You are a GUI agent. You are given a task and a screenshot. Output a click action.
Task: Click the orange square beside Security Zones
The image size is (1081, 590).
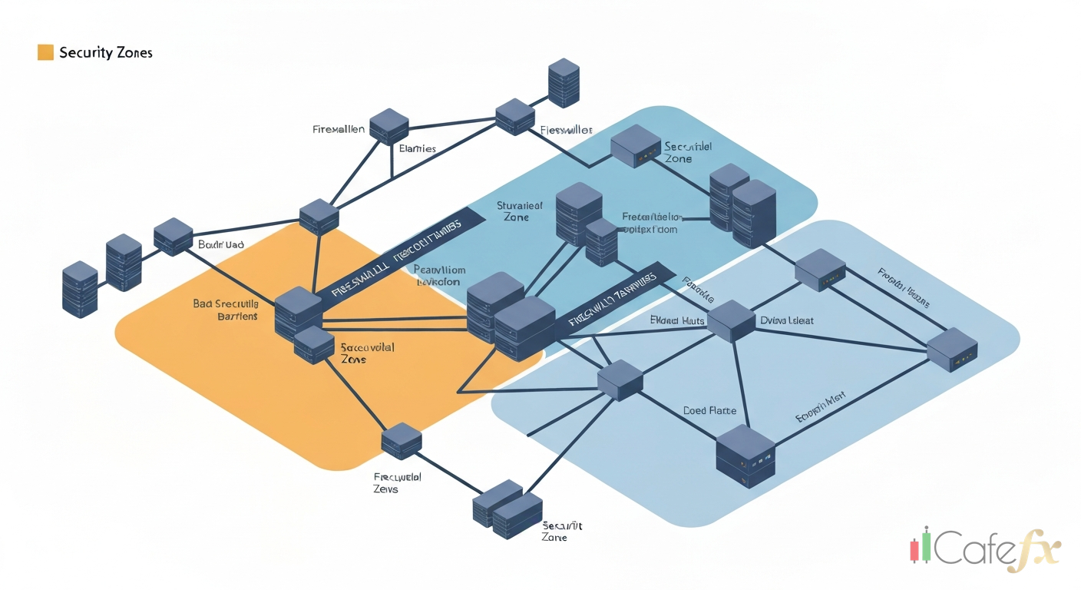pyautogui.click(x=45, y=52)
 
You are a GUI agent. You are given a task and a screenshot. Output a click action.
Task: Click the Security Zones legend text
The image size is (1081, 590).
pyautogui.click(x=105, y=52)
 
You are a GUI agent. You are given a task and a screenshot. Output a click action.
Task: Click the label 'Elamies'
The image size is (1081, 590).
pyautogui.click(x=418, y=148)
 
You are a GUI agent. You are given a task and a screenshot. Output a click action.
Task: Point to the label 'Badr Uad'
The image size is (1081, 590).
pyautogui.click(x=220, y=244)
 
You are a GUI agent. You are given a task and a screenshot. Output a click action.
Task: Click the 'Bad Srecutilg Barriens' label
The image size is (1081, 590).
pyautogui.click(x=226, y=310)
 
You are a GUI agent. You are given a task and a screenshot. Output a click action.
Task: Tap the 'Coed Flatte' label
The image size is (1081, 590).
pyautogui.click(x=709, y=411)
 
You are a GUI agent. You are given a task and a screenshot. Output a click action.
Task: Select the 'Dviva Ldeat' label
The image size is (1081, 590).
pyautogui.click(x=787, y=320)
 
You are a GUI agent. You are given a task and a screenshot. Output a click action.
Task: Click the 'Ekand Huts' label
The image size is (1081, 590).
pyautogui.click(x=677, y=320)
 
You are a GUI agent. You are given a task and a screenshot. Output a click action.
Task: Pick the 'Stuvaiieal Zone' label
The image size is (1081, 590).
pyautogui.click(x=519, y=211)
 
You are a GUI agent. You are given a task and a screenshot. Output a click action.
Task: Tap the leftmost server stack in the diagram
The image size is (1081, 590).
pyautogui.click(x=80, y=289)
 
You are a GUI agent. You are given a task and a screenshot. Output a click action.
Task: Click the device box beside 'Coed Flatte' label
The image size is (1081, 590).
pyautogui.click(x=745, y=456)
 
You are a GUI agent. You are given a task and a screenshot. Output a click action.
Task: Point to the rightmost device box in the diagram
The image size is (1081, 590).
pyautogui.click(x=952, y=350)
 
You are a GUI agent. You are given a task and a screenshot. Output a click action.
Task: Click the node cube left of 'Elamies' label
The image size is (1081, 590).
pyautogui.click(x=388, y=125)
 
